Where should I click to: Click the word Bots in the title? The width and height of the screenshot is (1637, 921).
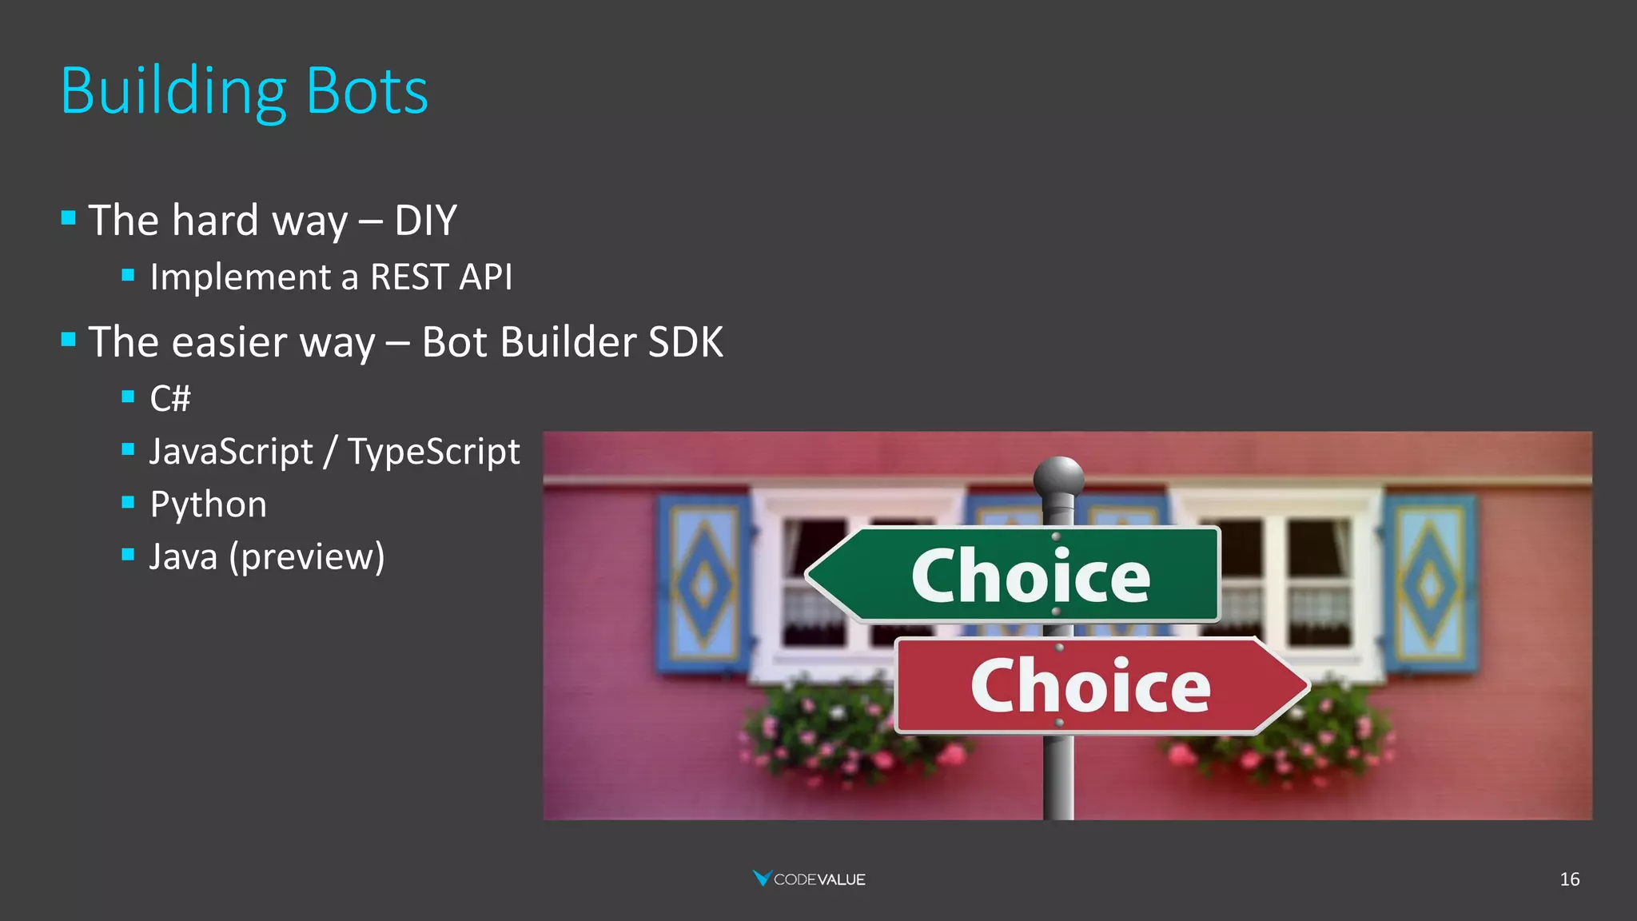[x=367, y=91]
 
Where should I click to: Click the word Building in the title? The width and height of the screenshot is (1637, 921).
[x=173, y=93]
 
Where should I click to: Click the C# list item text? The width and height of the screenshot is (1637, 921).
[x=170, y=398]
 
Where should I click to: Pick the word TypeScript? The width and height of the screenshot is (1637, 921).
[x=433, y=453]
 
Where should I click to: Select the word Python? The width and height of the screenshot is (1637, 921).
[x=208, y=504]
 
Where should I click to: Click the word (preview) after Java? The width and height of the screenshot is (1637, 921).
[x=307, y=556]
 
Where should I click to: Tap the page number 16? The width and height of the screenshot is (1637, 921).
[x=1569, y=879]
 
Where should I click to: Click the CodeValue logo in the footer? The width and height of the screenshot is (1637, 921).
[x=809, y=879]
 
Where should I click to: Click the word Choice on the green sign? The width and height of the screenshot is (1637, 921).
[x=1030, y=576]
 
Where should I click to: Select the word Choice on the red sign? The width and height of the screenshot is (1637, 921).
[x=1090, y=685]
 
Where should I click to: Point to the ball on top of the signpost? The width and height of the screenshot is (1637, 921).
[x=1058, y=477]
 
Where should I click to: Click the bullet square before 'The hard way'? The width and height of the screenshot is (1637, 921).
[x=69, y=217]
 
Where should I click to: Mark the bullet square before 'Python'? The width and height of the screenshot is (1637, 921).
[x=128, y=502]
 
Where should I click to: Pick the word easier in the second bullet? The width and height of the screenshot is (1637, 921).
[x=229, y=342]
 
